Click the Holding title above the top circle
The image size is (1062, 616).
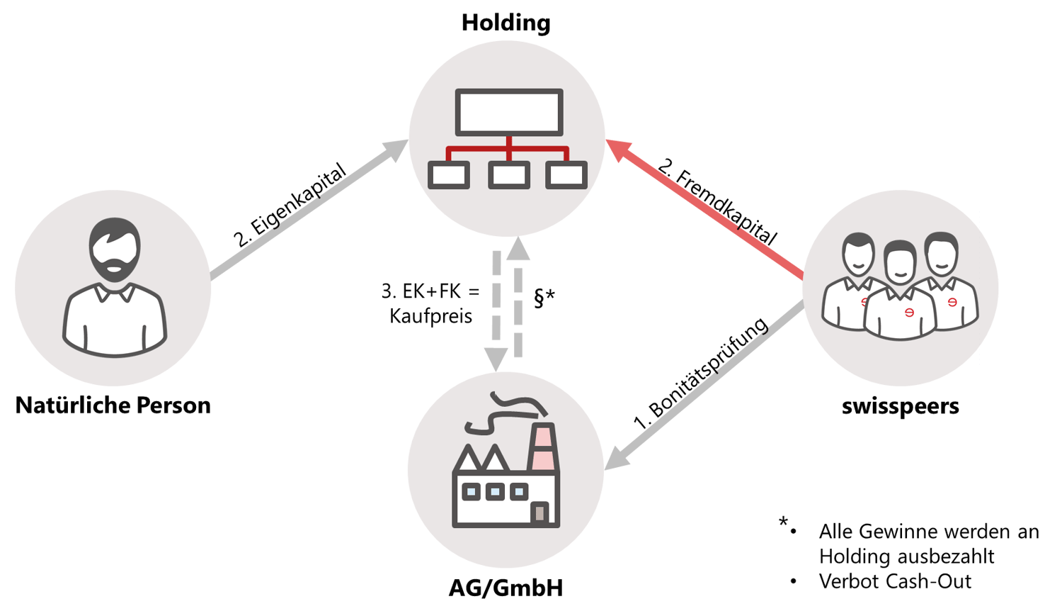click(x=506, y=23)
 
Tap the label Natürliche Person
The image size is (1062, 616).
click(x=113, y=405)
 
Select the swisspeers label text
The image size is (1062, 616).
click(x=901, y=406)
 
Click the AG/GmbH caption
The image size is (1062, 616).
click(x=506, y=588)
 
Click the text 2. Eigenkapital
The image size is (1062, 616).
click(x=290, y=205)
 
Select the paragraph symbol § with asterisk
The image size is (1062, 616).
click(x=544, y=298)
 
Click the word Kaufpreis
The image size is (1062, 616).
click(x=431, y=315)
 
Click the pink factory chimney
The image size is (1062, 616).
click(x=543, y=447)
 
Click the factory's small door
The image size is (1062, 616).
click(x=540, y=513)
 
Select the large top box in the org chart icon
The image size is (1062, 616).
click(x=509, y=112)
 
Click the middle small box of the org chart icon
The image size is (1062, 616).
click(x=509, y=174)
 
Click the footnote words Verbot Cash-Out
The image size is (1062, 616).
click(x=895, y=581)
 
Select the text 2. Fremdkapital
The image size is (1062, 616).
click(x=718, y=202)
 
